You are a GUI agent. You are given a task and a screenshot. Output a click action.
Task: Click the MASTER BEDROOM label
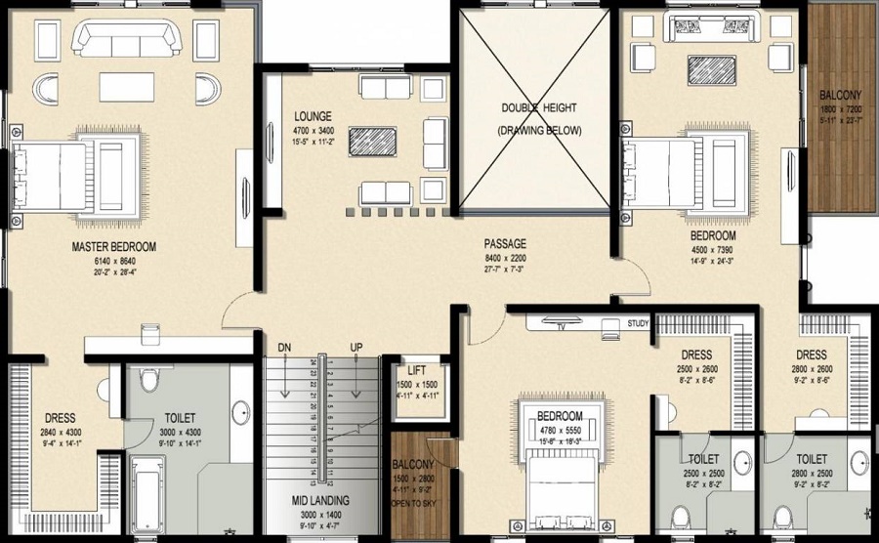114,247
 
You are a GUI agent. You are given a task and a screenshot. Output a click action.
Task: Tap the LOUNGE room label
313,115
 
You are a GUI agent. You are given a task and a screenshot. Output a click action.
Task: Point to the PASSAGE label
506,243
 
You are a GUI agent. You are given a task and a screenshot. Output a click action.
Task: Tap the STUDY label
638,323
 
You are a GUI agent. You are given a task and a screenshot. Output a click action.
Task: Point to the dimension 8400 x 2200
506,259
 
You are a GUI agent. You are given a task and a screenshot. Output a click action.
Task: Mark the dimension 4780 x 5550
560,431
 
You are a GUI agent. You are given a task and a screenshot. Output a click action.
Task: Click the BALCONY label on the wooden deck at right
840,95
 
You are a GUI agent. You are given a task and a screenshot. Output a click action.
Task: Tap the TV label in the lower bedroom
562,327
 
